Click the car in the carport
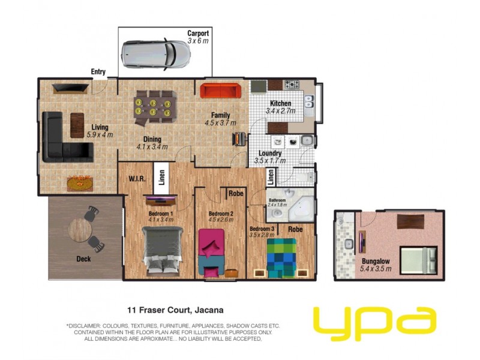click(155, 55)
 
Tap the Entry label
click(98, 72)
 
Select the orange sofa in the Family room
click(220, 91)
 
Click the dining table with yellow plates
click(155, 107)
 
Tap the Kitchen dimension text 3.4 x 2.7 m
click(281, 111)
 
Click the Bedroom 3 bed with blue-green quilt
click(282, 256)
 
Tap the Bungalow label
click(376, 261)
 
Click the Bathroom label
click(277, 200)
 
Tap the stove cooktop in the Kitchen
click(292, 85)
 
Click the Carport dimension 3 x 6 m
click(197, 41)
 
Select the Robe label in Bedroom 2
click(235, 194)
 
